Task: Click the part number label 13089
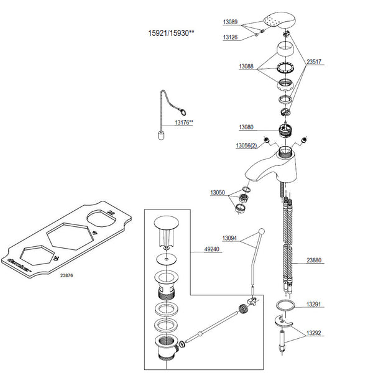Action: point(230,22)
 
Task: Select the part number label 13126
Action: point(230,37)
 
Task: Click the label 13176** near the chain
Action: point(183,123)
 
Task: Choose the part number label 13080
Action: point(246,127)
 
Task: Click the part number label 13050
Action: point(218,193)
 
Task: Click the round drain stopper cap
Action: point(166,223)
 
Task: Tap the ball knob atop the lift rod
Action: point(263,232)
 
